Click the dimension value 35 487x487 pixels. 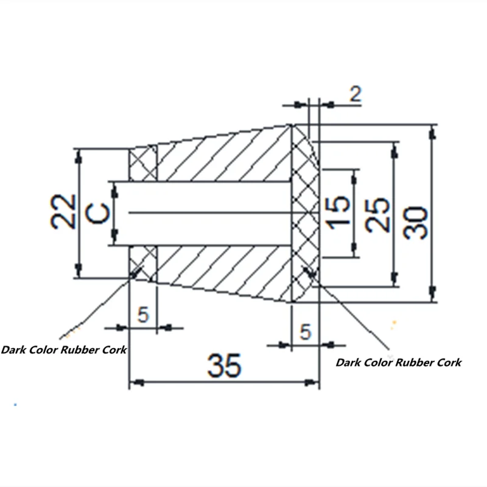point(224,365)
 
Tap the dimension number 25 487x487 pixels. point(379,214)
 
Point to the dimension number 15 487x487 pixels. point(339,212)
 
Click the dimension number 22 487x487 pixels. point(63,211)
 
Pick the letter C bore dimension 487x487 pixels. point(99,213)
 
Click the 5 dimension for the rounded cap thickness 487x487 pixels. point(306,332)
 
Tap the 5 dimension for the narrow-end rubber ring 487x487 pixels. point(143,315)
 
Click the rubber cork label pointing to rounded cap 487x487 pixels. point(398,363)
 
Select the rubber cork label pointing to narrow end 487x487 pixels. point(64,350)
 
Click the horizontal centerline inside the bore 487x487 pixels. point(207,212)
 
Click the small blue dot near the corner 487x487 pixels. point(15,404)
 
